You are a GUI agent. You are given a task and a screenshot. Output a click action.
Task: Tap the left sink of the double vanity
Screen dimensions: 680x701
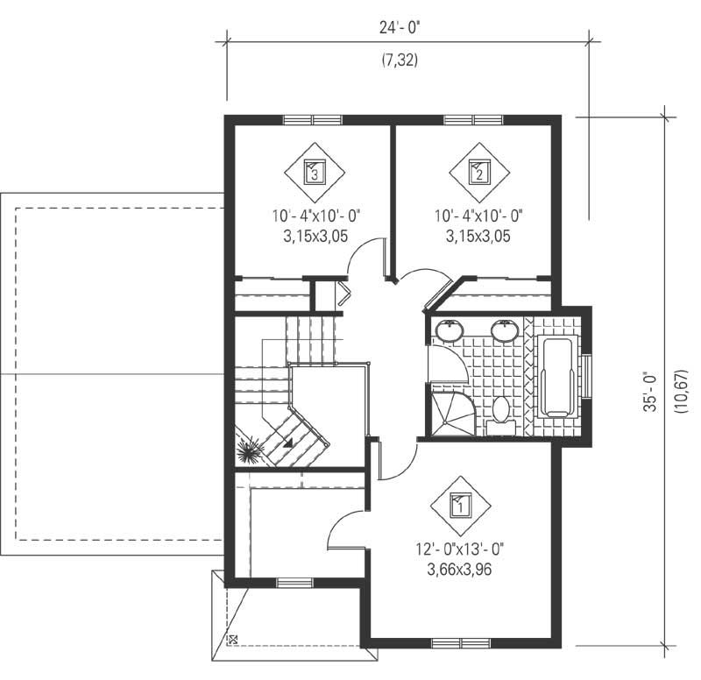pos(450,330)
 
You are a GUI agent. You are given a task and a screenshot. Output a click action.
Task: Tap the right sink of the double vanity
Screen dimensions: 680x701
pos(503,330)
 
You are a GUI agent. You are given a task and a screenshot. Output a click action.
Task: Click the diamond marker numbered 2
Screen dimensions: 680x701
pos(478,172)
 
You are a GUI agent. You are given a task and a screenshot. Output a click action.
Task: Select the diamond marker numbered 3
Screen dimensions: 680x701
pos(315,172)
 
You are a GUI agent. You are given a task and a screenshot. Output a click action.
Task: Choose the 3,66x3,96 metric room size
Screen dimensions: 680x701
pos(461,569)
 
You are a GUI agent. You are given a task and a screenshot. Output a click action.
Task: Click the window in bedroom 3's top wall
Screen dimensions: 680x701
pos(312,120)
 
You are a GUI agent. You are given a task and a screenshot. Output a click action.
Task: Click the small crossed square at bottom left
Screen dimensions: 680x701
pos(233,640)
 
